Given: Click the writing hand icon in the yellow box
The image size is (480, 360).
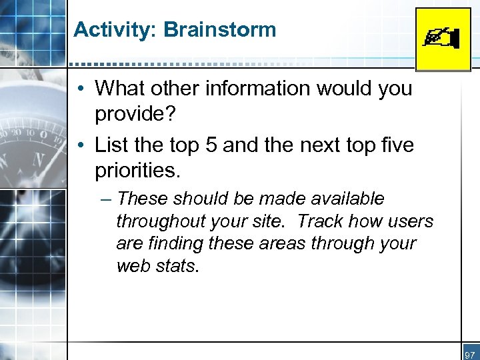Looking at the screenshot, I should [x=442, y=39].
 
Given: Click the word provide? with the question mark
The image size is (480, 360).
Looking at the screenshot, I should [x=135, y=114].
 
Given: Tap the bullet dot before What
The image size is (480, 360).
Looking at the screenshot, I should [x=79, y=89].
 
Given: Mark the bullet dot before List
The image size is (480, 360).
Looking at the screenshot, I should [x=79, y=144].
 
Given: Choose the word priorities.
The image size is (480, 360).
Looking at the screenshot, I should [x=137, y=170].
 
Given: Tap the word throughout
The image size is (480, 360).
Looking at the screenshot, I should [x=156, y=221].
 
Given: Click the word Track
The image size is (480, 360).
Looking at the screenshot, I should [x=322, y=221].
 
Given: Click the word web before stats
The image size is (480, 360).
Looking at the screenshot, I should [x=132, y=266].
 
